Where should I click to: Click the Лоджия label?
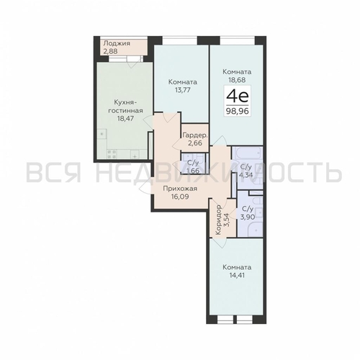tap(116, 43)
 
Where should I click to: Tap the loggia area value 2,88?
tap(110, 52)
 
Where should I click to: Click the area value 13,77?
tap(177, 91)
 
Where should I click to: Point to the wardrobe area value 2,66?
tap(195, 144)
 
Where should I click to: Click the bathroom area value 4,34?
tap(246, 173)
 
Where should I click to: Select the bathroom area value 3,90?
tap(246, 217)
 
